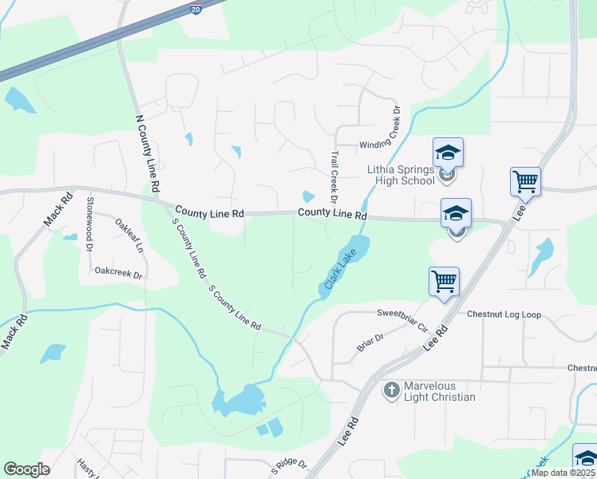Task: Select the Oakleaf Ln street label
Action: (x=129, y=236)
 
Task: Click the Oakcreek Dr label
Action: (x=118, y=274)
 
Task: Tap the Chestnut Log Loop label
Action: (x=504, y=315)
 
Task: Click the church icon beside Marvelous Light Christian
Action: (x=391, y=390)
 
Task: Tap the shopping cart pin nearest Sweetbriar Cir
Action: (x=444, y=281)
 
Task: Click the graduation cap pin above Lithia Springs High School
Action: (x=448, y=152)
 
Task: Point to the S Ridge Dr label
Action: (x=288, y=466)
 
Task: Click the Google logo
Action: (x=26, y=469)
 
